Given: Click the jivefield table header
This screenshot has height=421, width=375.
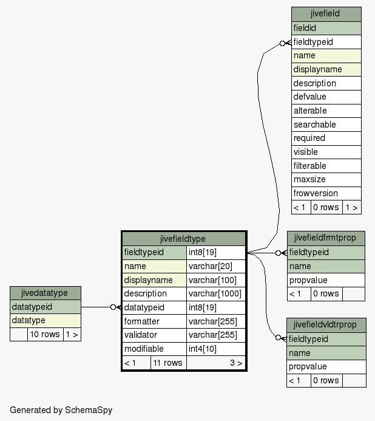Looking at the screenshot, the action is tap(326, 14).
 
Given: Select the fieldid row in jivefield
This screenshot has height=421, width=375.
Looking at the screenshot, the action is tap(326, 28).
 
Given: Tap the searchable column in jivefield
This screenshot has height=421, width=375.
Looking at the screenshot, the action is tap(326, 125).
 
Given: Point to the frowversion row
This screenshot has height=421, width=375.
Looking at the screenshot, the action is tap(326, 193).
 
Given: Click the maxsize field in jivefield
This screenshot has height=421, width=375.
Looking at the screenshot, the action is tap(326, 179).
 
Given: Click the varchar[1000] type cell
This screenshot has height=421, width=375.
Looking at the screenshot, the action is tap(216, 294).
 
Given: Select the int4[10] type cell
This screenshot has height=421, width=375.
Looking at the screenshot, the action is tap(216, 349).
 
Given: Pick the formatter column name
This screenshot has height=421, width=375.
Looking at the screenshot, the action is tap(141, 321).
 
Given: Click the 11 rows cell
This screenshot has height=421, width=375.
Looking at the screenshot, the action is tap(169, 363).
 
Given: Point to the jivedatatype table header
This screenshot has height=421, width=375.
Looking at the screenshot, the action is tap(46, 293).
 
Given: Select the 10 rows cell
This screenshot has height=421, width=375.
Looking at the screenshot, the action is tap(46, 335).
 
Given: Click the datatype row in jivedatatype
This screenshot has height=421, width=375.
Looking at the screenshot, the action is tap(46, 321).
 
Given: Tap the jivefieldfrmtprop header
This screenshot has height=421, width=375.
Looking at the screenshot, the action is tap(326, 238).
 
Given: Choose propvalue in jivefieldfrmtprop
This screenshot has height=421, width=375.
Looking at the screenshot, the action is tap(326, 280).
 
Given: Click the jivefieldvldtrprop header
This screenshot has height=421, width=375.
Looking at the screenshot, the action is tap(326, 325).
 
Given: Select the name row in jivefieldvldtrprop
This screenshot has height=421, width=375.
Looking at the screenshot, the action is tap(326, 353).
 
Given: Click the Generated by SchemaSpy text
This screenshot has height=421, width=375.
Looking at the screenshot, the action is tap(61, 410).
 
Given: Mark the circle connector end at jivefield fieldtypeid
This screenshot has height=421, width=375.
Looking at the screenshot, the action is tap(282, 44).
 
